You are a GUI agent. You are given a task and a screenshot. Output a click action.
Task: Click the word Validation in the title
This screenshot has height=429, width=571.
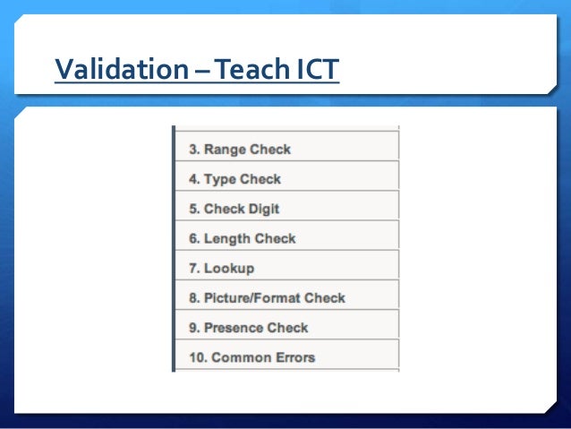tap(120, 68)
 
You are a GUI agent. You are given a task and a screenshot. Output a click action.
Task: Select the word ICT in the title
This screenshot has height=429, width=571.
tap(316, 68)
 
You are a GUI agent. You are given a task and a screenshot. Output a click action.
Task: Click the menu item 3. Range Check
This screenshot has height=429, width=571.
tap(240, 150)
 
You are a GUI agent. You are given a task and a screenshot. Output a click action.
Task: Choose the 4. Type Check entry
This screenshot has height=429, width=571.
tap(234, 179)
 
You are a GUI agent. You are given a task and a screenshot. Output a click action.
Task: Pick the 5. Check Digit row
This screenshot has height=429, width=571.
tap(234, 209)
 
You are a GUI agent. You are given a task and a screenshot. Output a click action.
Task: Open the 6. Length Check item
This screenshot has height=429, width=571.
tap(242, 238)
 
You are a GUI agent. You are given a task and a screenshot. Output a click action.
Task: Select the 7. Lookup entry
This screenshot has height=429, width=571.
tap(222, 268)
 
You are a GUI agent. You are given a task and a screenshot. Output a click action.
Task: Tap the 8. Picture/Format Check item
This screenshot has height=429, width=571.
tap(267, 297)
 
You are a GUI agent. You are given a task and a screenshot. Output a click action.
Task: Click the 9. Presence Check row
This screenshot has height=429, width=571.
tap(248, 327)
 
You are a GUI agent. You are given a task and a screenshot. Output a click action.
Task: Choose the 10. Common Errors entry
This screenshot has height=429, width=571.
tap(251, 356)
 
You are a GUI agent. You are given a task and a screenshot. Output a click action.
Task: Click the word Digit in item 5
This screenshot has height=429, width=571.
tap(263, 209)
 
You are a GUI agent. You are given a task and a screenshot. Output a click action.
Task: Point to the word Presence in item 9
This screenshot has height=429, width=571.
tap(234, 327)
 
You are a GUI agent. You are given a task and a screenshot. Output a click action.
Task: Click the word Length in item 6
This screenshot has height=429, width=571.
tap(227, 238)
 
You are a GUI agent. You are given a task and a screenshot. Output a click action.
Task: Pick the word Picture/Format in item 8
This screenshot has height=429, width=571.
tap(252, 297)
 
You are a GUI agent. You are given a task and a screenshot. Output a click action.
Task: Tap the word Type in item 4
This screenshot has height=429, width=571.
tap(219, 179)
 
